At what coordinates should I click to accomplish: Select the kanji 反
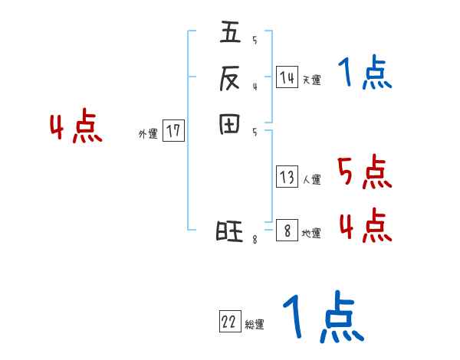[230, 78]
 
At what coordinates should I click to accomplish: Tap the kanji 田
[230, 123]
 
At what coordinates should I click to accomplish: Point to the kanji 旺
[230, 231]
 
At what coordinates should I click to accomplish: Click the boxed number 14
[287, 77]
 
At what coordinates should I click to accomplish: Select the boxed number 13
[287, 178]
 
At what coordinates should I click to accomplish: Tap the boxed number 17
[173, 131]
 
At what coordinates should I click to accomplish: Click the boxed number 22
[228, 322]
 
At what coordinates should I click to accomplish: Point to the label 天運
[311, 80]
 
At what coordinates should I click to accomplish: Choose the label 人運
[311, 180]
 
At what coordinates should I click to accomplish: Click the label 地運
[311, 234]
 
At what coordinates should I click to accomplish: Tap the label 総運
[254, 325]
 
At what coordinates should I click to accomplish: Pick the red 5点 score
[365, 172]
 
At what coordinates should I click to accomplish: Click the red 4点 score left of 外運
[76, 128]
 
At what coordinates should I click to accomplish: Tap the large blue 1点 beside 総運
[322, 317]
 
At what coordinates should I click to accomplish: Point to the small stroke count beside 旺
[255, 240]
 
